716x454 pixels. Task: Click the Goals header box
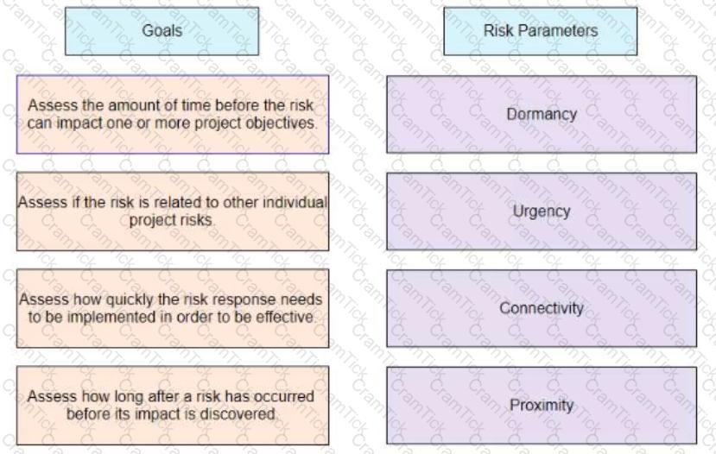pos(162,31)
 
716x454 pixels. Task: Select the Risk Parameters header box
pos(540,31)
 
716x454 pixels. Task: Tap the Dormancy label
pos(542,114)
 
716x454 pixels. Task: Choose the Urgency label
pos(542,211)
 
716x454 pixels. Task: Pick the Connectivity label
pos(542,308)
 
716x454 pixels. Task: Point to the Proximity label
pos(542,405)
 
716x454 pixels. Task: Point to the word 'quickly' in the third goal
pos(130,300)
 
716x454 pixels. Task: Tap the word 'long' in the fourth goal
pos(129,396)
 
